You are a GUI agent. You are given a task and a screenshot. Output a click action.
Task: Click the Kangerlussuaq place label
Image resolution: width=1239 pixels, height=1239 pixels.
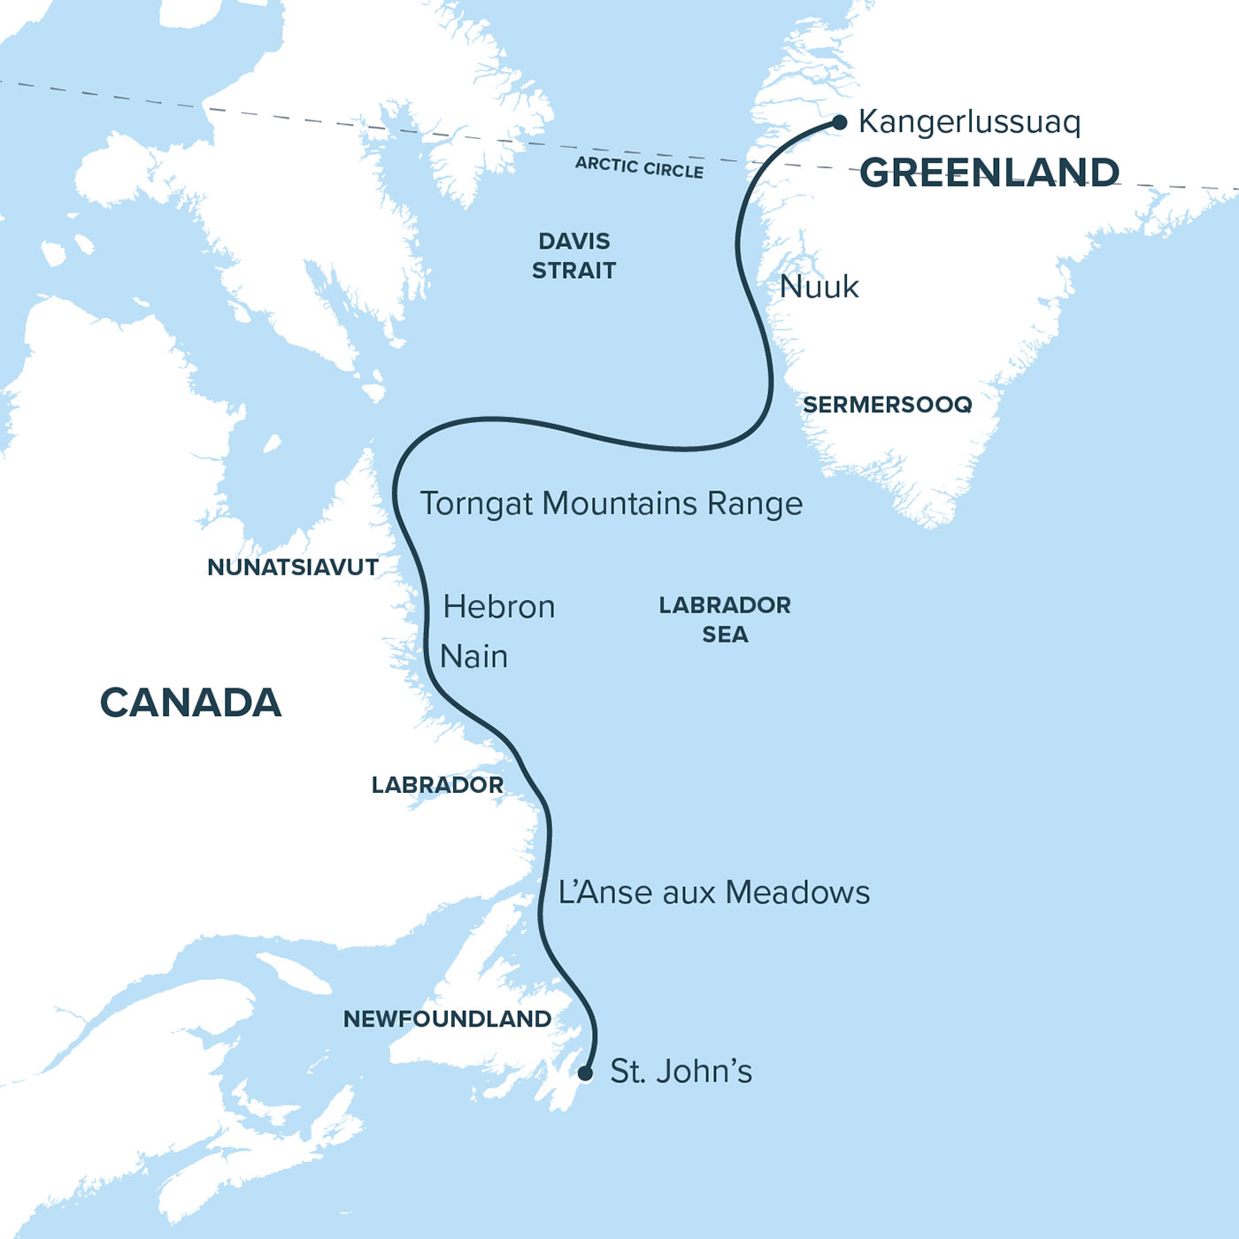(x=969, y=122)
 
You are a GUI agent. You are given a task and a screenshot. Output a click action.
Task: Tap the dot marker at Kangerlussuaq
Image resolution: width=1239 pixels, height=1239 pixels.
(x=839, y=122)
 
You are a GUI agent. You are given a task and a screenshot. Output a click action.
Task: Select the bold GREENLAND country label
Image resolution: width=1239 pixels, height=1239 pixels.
(x=989, y=173)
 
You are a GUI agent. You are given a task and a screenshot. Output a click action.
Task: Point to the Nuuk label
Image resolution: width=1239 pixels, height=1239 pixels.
(x=819, y=287)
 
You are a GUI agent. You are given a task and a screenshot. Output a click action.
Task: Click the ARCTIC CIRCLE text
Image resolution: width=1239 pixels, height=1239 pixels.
(x=639, y=166)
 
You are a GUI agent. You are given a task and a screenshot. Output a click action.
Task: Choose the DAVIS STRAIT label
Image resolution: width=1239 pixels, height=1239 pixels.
(x=573, y=256)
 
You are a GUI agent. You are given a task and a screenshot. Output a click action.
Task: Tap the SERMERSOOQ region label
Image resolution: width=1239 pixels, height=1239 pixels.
(x=887, y=404)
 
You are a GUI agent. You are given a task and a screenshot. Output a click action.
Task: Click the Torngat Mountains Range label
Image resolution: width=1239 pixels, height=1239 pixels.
(x=611, y=504)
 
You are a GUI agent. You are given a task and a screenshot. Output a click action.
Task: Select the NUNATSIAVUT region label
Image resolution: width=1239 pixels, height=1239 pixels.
(x=293, y=567)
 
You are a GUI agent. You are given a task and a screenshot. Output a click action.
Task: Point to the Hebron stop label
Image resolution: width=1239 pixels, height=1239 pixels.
(x=499, y=607)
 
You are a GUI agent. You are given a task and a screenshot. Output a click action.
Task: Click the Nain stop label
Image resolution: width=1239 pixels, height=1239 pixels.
(x=474, y=657)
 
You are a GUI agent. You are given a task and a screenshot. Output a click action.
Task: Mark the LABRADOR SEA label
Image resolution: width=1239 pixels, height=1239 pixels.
(x=725, y=619)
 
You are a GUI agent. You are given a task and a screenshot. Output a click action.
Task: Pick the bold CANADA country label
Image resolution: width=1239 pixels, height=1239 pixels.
(x=190, y=703)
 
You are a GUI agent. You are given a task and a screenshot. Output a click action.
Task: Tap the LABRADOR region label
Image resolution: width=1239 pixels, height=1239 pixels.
(x=437, y=785)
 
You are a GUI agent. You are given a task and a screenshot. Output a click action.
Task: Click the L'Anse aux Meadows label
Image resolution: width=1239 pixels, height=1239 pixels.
(x=713, y=892)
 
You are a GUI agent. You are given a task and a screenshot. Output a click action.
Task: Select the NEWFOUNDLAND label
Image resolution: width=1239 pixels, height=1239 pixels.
(x=447, y=1019)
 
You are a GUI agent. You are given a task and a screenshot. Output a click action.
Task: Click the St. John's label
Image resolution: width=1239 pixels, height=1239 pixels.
(x=681, y=1072)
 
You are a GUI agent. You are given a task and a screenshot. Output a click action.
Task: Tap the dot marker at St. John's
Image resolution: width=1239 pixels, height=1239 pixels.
(x=585, y=1074)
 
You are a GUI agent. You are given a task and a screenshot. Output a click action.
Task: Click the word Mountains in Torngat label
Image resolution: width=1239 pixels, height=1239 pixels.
(x=619, y=504)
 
